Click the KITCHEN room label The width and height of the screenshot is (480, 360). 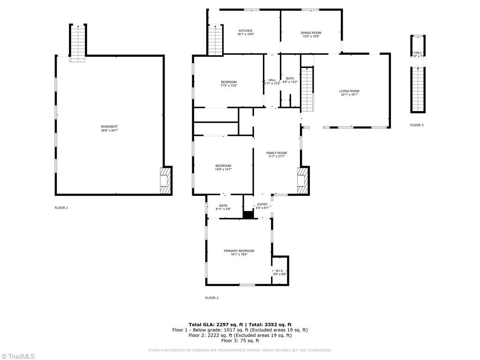click(x=245, y=31)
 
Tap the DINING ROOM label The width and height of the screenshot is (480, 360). click(x=311, y=33)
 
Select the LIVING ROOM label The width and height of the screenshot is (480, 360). click(x=349, y=91)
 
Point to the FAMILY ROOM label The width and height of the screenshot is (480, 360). click(x=277, y=153)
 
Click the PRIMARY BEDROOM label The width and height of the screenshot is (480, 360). click(x=239, y=251)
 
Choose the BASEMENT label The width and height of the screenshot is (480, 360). click(x=109, y=127)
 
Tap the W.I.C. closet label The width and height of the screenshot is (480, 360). click(x=280, y=270)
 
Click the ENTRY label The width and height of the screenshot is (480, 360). click(x=262, y=204)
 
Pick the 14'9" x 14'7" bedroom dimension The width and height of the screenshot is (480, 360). click(x=223, y=169)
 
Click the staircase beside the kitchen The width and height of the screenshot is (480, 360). click(x=215, y=40)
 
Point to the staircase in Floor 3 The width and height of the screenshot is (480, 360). click(x=418, y=88)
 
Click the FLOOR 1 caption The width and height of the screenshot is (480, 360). click(x=61, y=208)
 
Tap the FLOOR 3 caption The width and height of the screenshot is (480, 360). click(x=417, y=125)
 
